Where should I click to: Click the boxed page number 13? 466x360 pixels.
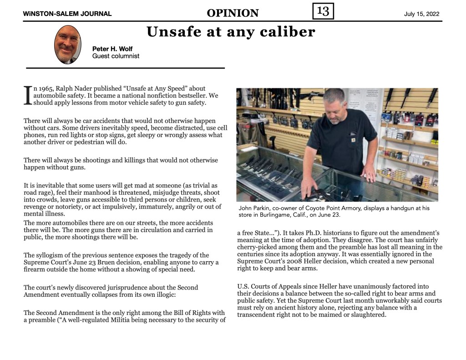(x=323, y=11)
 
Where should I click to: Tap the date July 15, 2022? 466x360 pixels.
(x=421, y=14)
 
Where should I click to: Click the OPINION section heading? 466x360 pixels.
(x=233, y=13)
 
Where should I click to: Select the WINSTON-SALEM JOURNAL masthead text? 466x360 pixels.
(x=67, y=14)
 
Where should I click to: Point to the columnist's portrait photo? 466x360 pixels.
(x=68, y=45)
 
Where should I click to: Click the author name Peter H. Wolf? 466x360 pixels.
(x=113, y=49)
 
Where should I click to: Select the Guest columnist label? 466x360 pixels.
(x=116, y=56)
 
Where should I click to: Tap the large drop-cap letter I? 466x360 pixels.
(x=27, y=95)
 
